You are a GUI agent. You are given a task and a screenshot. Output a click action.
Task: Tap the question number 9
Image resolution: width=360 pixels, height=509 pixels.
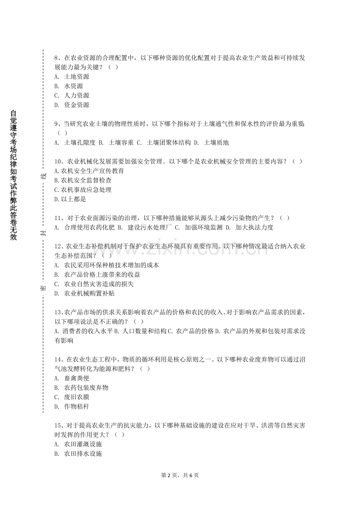(56, 124)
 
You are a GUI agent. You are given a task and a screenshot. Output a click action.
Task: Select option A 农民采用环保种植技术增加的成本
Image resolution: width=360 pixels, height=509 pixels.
(107, 265)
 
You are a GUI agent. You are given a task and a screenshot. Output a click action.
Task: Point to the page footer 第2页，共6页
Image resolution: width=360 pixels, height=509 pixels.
(180, 475)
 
